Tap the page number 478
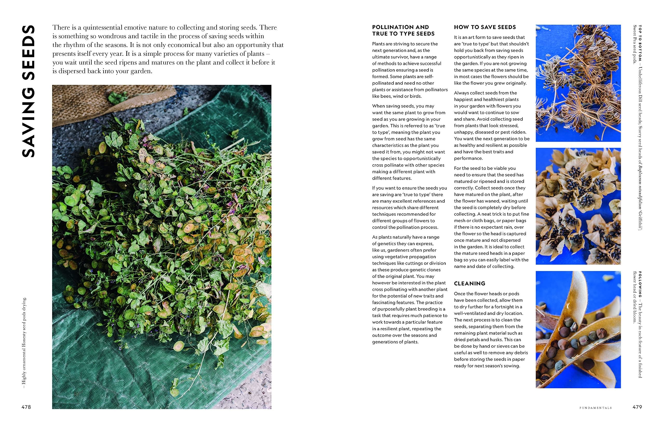click(26, 407)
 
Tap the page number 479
click(637, 407)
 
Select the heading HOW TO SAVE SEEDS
click(485, 27)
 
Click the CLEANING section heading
click(469, 283)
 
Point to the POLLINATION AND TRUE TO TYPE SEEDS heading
click(403, 30)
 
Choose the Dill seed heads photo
click(578, 83)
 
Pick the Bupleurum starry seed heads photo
click(578, 206)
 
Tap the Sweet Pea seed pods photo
click(578, 329)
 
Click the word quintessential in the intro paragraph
click(102, 28)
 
